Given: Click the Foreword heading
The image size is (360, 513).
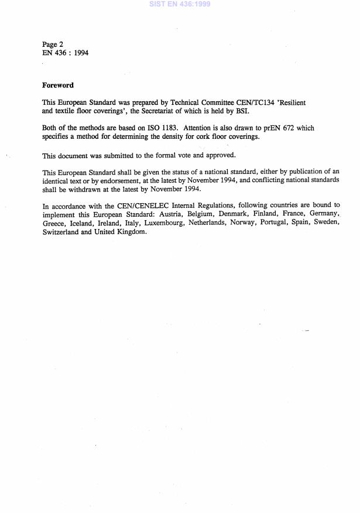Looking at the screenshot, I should pos(58,85).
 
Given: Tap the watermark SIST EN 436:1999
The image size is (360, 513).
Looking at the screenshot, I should pos(180,4).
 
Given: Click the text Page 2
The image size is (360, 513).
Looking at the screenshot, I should pos(53,45).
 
